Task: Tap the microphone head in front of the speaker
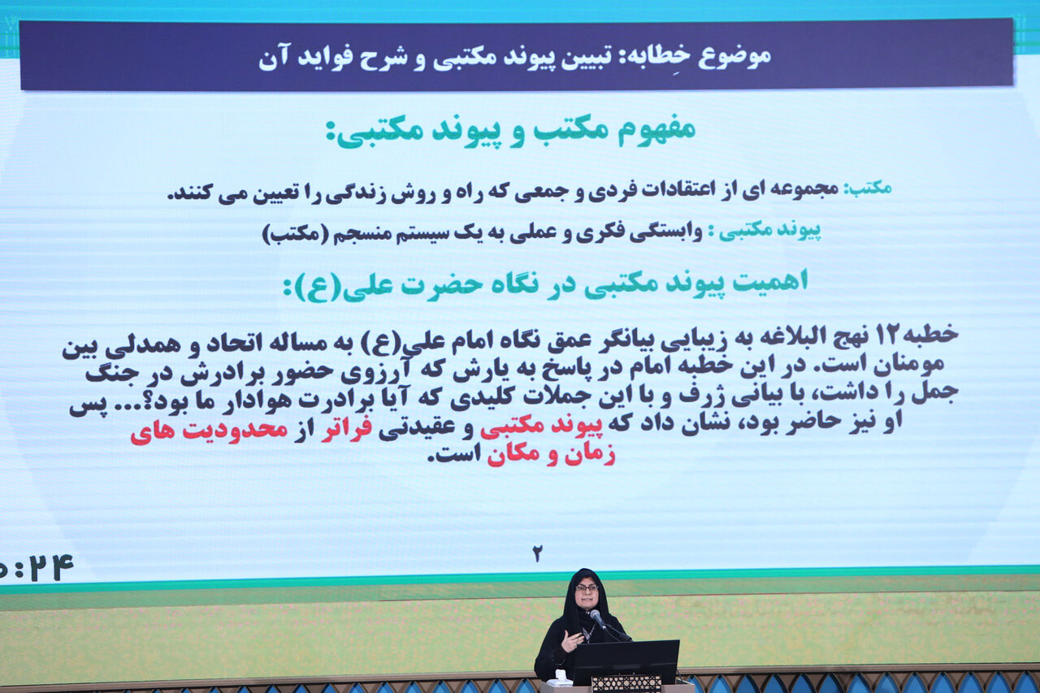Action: tap(594, 614)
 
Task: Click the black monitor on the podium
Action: tap(626, 661)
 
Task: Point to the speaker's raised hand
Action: tap(570, 640)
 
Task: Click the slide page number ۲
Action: tap(537, 554)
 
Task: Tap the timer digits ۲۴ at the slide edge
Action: tap(50, 567)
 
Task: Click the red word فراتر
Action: tap(346, 429)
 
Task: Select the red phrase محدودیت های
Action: tap(210, 431)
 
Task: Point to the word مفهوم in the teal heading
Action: tap(656, 129)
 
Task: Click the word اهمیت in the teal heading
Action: tap(769, 281)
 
